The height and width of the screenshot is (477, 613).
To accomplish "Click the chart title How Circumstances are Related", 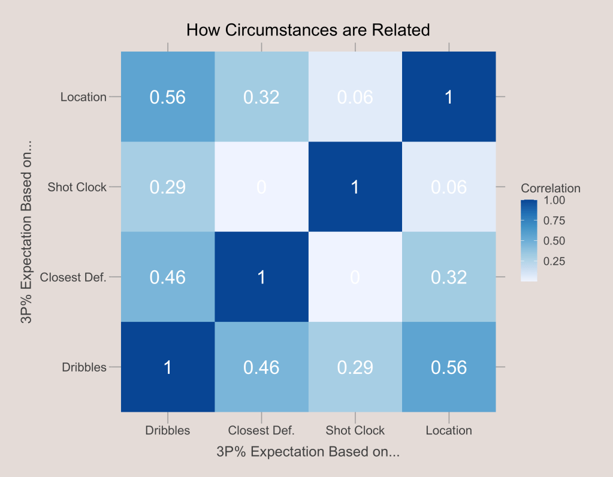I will pos(308,30).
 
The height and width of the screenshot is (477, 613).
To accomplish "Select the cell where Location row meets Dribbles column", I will pos(168,97).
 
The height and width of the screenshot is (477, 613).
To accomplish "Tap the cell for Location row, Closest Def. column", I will pos(261,97).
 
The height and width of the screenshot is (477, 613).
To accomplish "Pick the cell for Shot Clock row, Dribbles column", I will pos(168,187).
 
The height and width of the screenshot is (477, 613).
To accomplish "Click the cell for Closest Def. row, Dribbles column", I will pos(168,277).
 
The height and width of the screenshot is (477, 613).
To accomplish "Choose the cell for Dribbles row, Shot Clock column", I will pos(355,367).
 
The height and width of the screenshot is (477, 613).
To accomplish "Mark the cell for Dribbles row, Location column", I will pos(449,367).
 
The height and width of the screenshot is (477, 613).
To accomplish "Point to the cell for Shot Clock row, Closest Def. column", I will pos(261,187).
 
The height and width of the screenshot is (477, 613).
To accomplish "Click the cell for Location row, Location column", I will pos(449,97).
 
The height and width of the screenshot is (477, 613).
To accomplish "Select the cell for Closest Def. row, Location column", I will pos(449,277).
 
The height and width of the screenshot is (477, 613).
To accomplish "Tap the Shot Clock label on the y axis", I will pos(77,187).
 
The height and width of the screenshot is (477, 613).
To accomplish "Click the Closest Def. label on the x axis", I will pos(261,430).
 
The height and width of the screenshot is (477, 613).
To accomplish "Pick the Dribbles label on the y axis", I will pos(84,367).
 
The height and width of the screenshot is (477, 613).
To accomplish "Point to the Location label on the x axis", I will pos(449,430).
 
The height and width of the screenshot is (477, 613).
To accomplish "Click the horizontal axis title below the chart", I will pos(308,452).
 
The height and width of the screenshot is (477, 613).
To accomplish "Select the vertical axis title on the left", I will pos(27,233).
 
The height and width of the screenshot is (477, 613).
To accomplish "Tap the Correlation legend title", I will pos(551,188).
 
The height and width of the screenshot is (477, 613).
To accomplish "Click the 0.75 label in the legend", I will pos(554,221).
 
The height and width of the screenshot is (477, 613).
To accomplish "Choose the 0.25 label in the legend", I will pos(554,261).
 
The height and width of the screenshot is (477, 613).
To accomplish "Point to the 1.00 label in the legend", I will pos(554,201).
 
